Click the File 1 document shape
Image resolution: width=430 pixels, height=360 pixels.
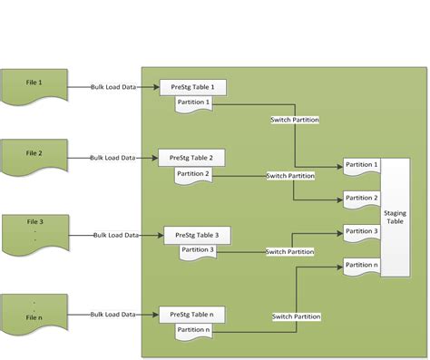34,85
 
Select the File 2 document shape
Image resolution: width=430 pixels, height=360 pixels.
34,155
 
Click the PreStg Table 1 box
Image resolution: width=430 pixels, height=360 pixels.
192,87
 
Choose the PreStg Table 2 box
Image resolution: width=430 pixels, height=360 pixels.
191,157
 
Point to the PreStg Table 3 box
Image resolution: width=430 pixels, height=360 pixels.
197,235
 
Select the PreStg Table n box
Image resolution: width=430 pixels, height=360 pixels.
192,314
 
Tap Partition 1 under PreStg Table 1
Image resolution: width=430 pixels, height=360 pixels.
193,102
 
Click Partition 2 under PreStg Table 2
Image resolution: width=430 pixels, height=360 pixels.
193,173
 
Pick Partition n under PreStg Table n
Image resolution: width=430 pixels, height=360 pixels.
193,330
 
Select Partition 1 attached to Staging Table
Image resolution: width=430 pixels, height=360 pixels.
361,166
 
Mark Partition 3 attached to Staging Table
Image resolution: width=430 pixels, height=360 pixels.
361,232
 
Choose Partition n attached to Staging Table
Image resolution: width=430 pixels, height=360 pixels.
361,266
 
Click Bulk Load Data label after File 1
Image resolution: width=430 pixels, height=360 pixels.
113,87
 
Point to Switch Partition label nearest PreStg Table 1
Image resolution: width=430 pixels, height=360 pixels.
295,120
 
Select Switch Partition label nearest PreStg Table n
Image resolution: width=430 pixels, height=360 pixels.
295,316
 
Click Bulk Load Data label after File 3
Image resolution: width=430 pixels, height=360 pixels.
116,235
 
